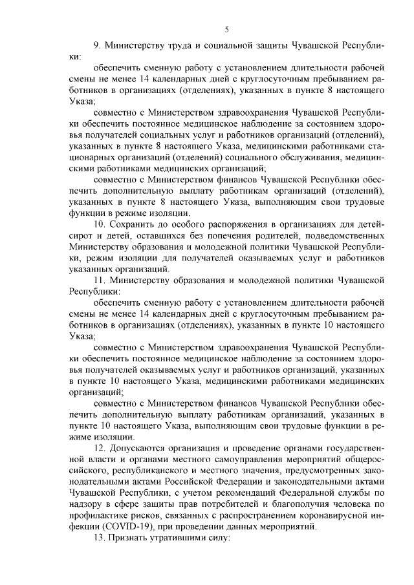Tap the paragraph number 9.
97,46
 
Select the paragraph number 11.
99,281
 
